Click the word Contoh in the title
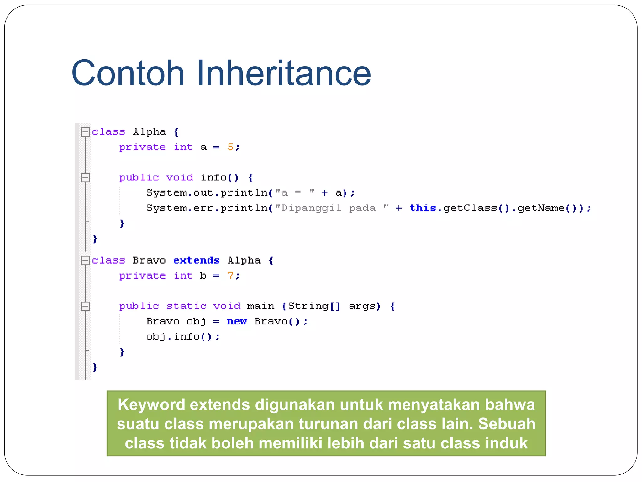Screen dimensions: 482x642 coord(128,73)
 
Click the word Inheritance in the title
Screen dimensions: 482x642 coord(283,73)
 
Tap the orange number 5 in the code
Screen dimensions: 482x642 coord(230,147)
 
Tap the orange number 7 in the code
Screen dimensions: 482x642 coord(230,276)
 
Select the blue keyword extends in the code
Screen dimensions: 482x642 coord(197,260)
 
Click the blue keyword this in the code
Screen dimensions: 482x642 coord(423,208)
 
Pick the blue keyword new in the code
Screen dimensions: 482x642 coord(237,321)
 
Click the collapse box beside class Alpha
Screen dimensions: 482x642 coord(85,132)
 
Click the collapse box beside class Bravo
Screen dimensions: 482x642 coord(85,260)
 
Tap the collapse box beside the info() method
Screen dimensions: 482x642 coord(85,178)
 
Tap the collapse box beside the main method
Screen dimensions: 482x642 coord(85,306)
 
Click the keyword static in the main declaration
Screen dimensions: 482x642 coord(186,306)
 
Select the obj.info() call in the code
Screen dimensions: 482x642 coord(182,337)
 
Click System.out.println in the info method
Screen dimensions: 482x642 coord(207,193)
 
